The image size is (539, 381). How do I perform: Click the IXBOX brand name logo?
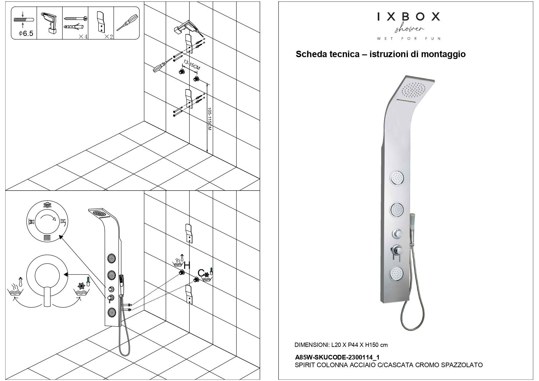point(408,17)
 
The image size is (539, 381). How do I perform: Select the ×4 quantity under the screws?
point(83,37)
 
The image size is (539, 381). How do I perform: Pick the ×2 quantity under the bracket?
point(108,37)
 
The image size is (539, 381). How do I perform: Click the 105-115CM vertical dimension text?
point(209,119)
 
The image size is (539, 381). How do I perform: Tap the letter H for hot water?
point(187,265)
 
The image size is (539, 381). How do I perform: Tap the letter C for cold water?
point(201,273)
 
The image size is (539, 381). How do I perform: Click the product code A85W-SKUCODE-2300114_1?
point(337,357)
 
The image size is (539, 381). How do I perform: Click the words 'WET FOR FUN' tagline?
point(408,39)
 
